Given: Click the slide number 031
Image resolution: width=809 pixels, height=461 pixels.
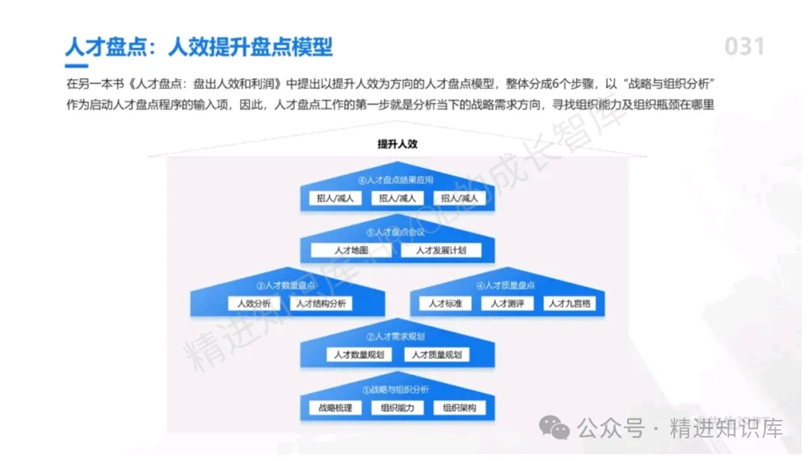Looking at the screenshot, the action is pyautogui.click(x=744, y=47).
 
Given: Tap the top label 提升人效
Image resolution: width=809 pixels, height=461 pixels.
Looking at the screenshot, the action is pyautogui.click(x=397, y=144).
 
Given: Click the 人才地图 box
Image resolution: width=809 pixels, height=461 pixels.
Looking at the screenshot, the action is pyautogui.click(x=351, y=251).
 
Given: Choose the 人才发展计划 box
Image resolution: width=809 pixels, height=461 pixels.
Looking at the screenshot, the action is pyautogui.click(x=441, y=251).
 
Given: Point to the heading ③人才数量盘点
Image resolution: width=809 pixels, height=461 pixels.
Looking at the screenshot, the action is pyautogui.click(x=287, y=285).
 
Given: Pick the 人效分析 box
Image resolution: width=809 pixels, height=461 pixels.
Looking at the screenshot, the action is pyautogui.click(x=254, y=304).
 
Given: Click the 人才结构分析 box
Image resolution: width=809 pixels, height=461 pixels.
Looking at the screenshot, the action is pyautogui.click(x=321, y=304).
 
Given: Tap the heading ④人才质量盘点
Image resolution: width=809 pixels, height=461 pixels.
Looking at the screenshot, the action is pyautogui.click(x=506, y=285).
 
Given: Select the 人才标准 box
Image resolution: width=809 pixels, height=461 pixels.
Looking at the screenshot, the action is pyautogui.click(x=445, y=304).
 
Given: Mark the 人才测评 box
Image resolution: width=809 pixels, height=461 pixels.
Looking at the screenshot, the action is pyautogui.click(x=507, y=304).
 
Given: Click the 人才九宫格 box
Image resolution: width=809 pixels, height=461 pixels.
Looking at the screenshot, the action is pyautogui.click(x=569, y=304).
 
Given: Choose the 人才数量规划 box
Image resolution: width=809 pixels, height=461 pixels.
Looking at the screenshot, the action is pyautogui.click(x=359, y=355).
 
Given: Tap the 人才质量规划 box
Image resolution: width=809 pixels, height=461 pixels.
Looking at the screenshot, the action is pyautogui.click(x=436, y=355).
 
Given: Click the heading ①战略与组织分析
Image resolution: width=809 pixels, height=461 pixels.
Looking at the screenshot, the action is pyautogui.click(x=396, y=390).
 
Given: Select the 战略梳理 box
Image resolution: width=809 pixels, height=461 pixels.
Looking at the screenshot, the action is pyautogui.click(x=335, y=408).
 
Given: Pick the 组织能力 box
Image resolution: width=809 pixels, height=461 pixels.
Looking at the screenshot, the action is pyautogui.click(x=397, y=408).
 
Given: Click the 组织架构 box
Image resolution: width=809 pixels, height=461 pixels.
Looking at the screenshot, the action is pyautogui.click(x=459, y=408).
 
